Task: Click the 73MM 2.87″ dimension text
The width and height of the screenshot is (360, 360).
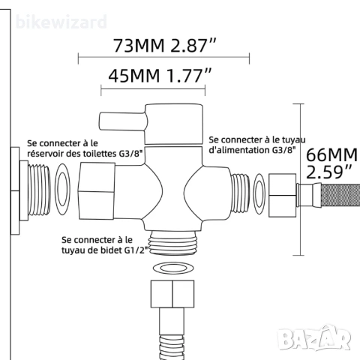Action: click(164, 45)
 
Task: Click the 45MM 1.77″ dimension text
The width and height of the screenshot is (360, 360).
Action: click(160, 76)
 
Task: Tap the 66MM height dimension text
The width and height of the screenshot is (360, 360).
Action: click(331, 163)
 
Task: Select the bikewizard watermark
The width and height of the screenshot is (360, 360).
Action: click(61, 22)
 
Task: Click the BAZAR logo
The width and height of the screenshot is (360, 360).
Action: click(314, 338)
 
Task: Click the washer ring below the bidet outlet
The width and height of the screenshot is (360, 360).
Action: click(173, 268)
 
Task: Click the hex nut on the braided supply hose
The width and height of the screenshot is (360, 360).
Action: click(283, 195)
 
